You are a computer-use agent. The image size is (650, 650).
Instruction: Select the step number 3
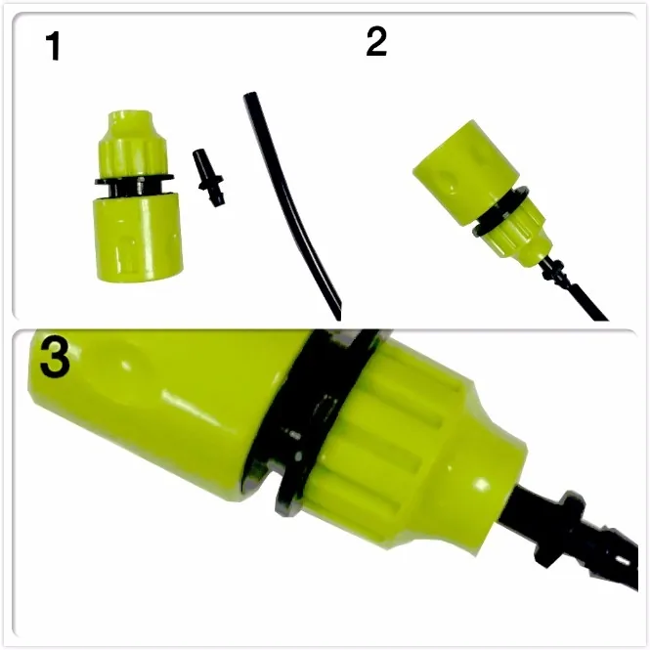pyautogui.click(x=55, y=357)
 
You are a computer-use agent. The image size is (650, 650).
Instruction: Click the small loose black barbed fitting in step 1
pyautogui.click(x=208, y=178)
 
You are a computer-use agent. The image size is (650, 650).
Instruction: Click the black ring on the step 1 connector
pyautogui.click(x=134, y=181)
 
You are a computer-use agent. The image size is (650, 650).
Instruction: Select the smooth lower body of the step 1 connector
pyautogui.click(x=138, y=238)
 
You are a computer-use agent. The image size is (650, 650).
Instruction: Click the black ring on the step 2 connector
pyautogui.click(x=500, y=211)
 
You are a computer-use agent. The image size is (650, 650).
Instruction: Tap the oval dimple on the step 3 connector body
pyautogui.click(x=117, y=364)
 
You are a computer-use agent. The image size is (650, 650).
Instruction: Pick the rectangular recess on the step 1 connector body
pyautogui.click(x=129, y=253)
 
